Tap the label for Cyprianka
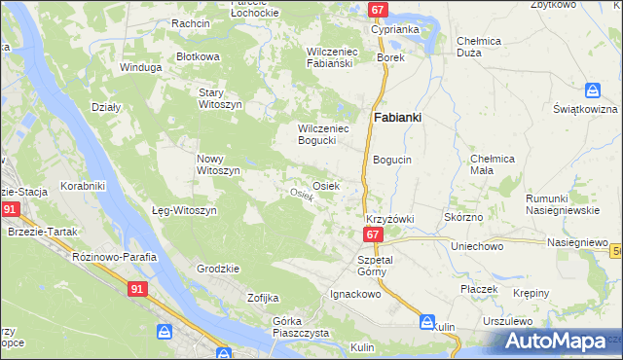[x=395, y=29]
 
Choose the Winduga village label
[x=139, y=67]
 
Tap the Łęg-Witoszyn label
[x=183, y=210]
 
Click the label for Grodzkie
[x=218, y=269]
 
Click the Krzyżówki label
[x=390, y=219]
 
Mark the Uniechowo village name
[x=476, y=247]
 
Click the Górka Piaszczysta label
[x=301, y=327]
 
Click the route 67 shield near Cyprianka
[x=380, y=10]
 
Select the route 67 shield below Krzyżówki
[x=373, y=235]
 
